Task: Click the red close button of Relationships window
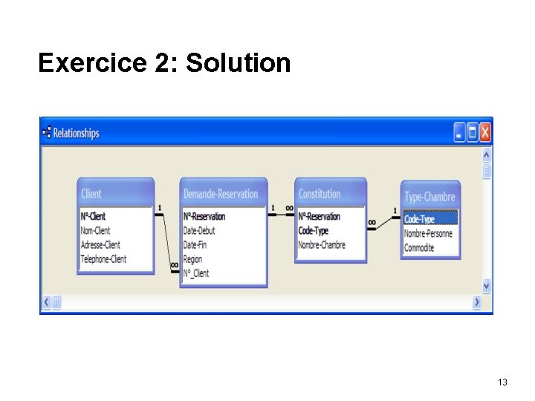[x=484, y=132]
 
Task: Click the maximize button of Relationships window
[x=472, y=132]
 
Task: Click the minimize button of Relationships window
[x=459, y=132]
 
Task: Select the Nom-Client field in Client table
[x=95, y=230]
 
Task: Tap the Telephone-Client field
[x=103, y=259]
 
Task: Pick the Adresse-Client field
[x=100, y=244]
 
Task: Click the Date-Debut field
[x=199, y=231]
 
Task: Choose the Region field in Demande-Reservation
[x=192, y=259]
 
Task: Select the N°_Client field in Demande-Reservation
[x=196, y=273]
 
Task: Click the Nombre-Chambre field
[x=322, y=245]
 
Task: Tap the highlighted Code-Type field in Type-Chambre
[x=419, y=219]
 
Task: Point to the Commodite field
[x=419, y=247]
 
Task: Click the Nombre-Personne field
[x=428, y=233]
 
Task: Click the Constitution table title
[x=320, y=194]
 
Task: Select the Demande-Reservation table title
[x=221, y=194]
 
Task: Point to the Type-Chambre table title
[x=429, y=197]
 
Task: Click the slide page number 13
[x=502, y=382]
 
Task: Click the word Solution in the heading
[x=239, y=63]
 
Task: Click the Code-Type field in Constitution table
[x=313, y=231]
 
